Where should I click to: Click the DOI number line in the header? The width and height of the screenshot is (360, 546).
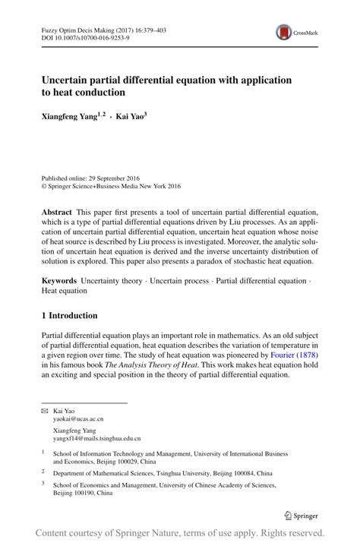(80, 37)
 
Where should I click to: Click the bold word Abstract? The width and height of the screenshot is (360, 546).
(58, 210)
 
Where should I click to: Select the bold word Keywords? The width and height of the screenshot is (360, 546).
(59, 281)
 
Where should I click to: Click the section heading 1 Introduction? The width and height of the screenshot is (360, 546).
(69, 315)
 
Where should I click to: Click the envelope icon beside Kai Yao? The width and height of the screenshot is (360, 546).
(43, 411)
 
